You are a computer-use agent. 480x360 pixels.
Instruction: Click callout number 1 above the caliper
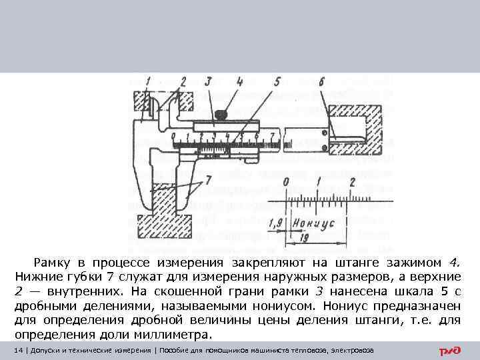tap(148, 82)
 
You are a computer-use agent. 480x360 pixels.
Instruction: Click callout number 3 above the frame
tap(208, 82)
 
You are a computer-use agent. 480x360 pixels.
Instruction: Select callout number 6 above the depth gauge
tap(321, 82)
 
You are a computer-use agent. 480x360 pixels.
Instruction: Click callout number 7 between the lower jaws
tap(208, 179)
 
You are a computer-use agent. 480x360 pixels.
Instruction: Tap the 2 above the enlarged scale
tap(351, 182)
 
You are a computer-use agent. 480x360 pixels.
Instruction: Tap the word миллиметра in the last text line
tap(176, 334)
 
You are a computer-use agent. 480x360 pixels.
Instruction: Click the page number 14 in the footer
tap(18, 351)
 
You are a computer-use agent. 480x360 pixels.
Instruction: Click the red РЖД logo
tap(451, 351)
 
